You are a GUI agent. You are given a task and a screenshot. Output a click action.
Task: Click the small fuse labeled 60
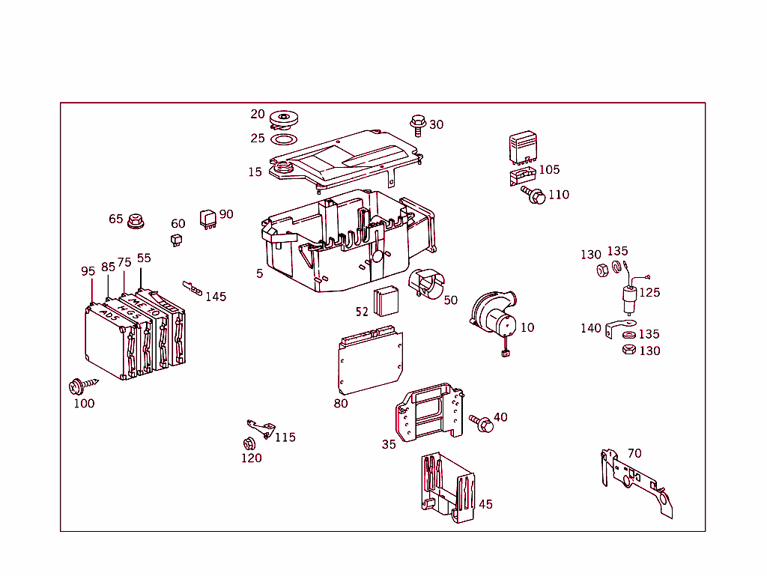(x=176, y=240)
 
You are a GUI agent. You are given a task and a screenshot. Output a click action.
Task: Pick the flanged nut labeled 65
(x=136, y=221)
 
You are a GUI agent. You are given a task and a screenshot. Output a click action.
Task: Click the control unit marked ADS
(x=106, y=341)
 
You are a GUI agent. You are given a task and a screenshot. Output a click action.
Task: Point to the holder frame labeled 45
(x=447, y=487)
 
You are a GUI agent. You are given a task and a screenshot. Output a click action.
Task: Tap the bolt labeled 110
(x=535, y=195)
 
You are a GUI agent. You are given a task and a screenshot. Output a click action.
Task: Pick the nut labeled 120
(x=249, y=443)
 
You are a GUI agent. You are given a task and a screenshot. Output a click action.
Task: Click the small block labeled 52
(x=386, y=301)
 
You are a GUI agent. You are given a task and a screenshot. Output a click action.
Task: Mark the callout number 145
(x=216, y=297)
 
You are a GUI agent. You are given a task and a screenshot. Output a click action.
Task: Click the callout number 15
(x=255, y=172)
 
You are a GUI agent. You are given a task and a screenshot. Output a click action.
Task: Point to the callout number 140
(x=591, y=328)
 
